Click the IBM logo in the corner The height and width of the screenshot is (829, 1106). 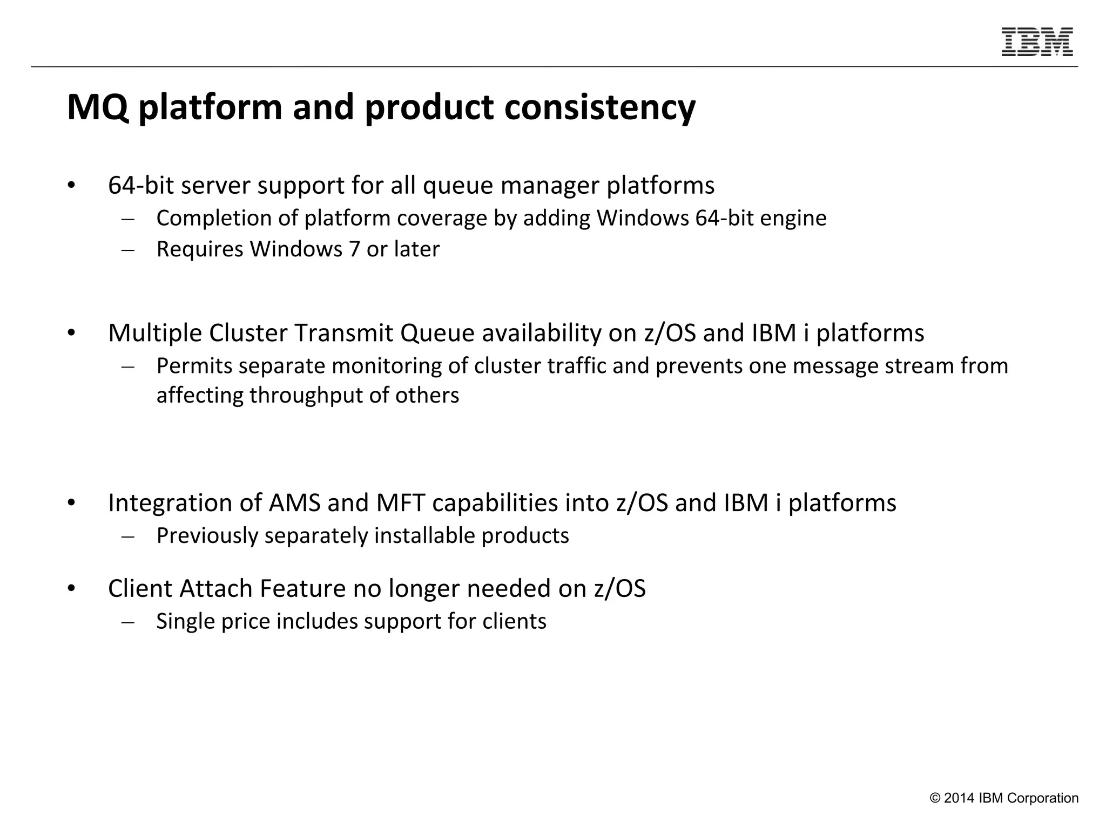coord(1037,42)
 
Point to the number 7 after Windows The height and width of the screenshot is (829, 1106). coord(354,249)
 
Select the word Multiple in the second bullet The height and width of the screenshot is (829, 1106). coord(154,333)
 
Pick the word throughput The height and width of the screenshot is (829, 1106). coord(306,396)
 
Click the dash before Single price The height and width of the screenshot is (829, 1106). coord(128,622)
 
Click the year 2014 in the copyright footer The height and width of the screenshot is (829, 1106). coord(959,798)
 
